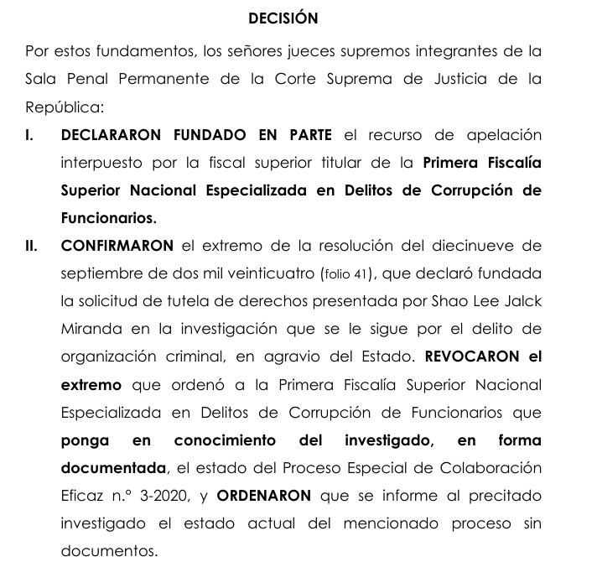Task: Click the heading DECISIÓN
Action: [283, 18]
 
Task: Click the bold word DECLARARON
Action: [112, 135]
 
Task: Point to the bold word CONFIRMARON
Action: [117, 246]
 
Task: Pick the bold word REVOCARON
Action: [471, 356]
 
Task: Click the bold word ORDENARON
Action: [263, 495]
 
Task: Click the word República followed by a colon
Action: [63, 108]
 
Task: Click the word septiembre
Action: [100, 273]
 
